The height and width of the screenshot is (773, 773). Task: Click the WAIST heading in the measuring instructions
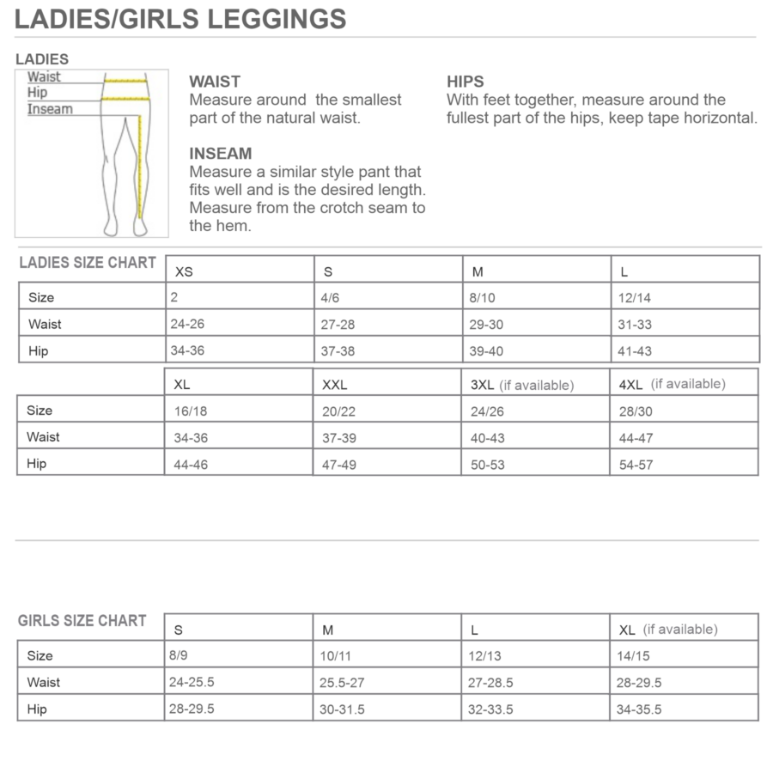[x=215, y=82]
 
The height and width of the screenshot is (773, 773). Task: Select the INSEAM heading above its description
[x=221, y=154]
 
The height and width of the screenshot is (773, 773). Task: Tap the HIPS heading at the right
[x=465, y=82]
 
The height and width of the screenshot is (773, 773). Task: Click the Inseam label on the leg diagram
[x=50, y=109]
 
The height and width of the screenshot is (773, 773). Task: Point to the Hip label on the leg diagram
[x=38, y=93]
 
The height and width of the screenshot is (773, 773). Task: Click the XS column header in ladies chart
[x=184, y=271]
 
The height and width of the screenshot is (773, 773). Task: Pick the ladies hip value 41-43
[x=635, y=351]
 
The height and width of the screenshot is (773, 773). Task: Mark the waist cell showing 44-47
[x=636, y=438]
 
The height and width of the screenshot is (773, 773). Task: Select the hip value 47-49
[x=339, y=465]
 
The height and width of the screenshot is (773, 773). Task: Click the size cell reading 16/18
[x=190, y=411]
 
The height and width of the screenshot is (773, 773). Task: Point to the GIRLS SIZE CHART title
[x=82, y=621]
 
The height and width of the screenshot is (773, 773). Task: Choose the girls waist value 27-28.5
[x=490, y=683]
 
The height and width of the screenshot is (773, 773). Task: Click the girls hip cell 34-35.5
[x=639, y=709]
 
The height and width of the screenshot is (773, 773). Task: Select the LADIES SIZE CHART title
[x=88, y=263]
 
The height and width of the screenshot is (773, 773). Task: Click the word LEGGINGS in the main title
[x=277, y=18]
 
